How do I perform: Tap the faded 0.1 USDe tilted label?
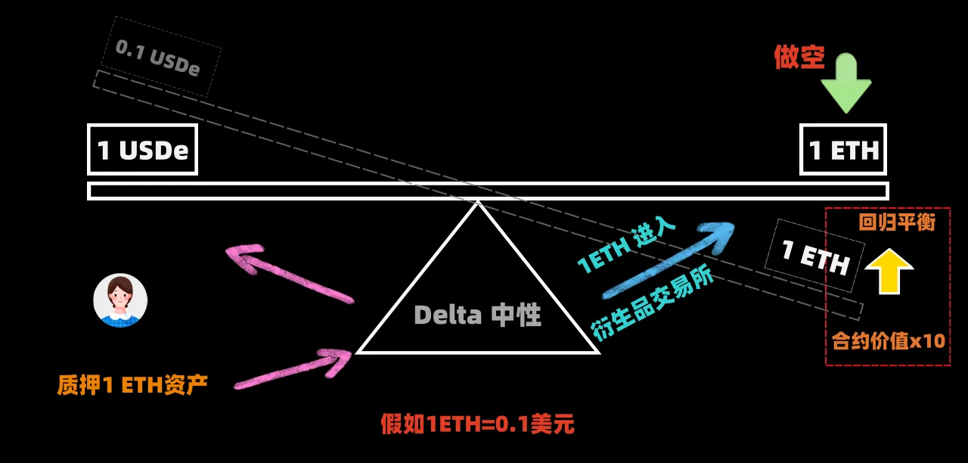tap(158, 58)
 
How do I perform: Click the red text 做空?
tap(799, 57)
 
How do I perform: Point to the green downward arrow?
tap(845, 83)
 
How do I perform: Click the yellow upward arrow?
tap(889, 272)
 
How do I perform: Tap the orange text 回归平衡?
tap(897, 222)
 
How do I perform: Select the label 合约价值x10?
tap(889, 341)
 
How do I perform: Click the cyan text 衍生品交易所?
tap(653, 303)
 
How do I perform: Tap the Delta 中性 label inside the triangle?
tap(477, 315)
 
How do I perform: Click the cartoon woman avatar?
tap(120, 300)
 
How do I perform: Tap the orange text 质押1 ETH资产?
tap(132, 385)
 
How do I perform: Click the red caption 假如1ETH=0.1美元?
tap(477, 424)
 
